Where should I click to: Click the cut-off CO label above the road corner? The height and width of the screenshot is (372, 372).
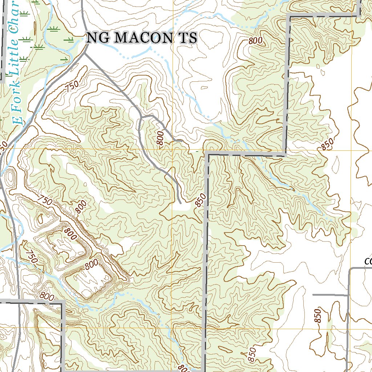click(x=368, y=261)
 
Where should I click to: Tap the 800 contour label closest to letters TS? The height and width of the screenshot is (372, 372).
click(x=255, y=41)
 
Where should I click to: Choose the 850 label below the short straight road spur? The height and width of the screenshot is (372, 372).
click(x=318, y=316)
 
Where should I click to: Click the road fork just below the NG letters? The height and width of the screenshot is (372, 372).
click(x=86, y=53)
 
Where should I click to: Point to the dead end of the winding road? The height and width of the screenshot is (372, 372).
click(x=181, y=202)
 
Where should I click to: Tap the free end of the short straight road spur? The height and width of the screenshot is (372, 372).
click(x=313, y=295)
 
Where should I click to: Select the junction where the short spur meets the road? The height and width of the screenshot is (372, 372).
click(x=348, y=295)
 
